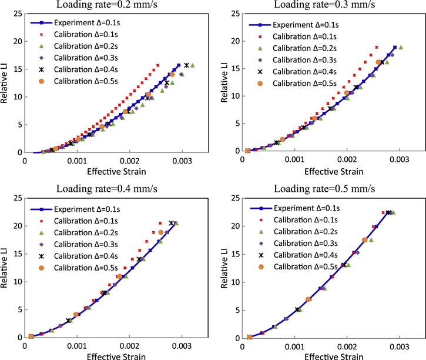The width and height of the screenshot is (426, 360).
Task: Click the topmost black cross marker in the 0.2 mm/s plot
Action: (186, 65)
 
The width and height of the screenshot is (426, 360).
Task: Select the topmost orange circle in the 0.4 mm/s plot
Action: (161, 232)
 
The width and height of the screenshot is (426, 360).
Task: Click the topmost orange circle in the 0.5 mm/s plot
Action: (365, 240)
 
